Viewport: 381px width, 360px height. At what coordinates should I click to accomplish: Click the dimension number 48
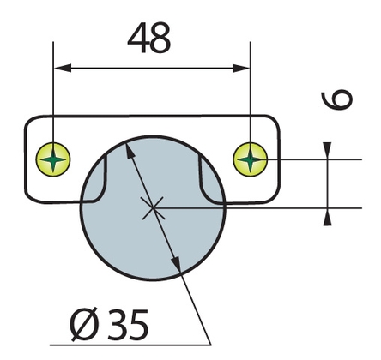tap(149, 38)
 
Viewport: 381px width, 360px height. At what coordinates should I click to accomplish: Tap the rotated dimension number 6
tap(336, 99)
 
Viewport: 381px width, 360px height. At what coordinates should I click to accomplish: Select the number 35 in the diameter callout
tap(128, 325)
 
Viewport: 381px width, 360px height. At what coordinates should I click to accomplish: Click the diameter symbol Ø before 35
tap(84, 325)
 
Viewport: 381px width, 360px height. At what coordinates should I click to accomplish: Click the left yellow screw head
tap(53, 159)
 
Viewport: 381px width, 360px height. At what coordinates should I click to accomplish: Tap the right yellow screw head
tap(250, 159)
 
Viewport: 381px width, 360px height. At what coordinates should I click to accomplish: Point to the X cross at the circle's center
tap(153, 208)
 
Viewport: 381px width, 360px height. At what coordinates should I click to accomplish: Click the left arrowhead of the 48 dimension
tap(63, 69)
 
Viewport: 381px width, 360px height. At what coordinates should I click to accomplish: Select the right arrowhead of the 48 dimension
tap(241, 69)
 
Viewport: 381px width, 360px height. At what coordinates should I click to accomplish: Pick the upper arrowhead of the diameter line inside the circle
tap(130, 151)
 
